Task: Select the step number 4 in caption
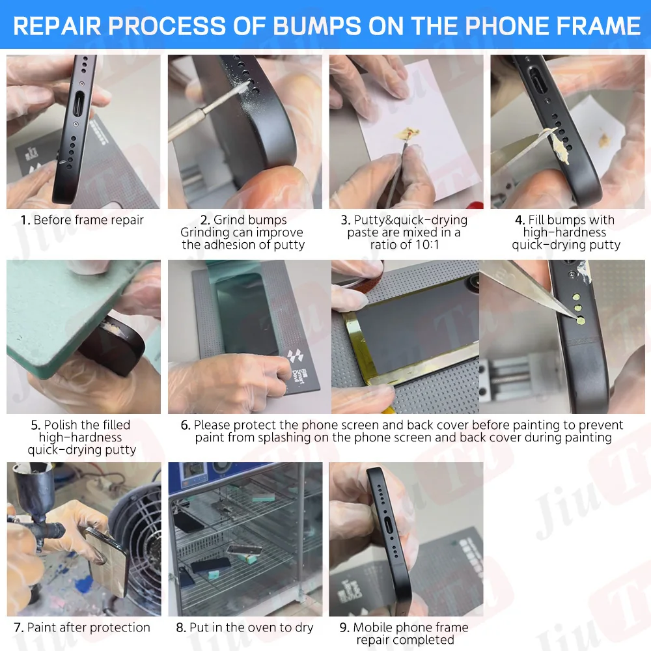point(519,220)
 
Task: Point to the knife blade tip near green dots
point(574,317)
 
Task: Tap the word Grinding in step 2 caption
point(202,232)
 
